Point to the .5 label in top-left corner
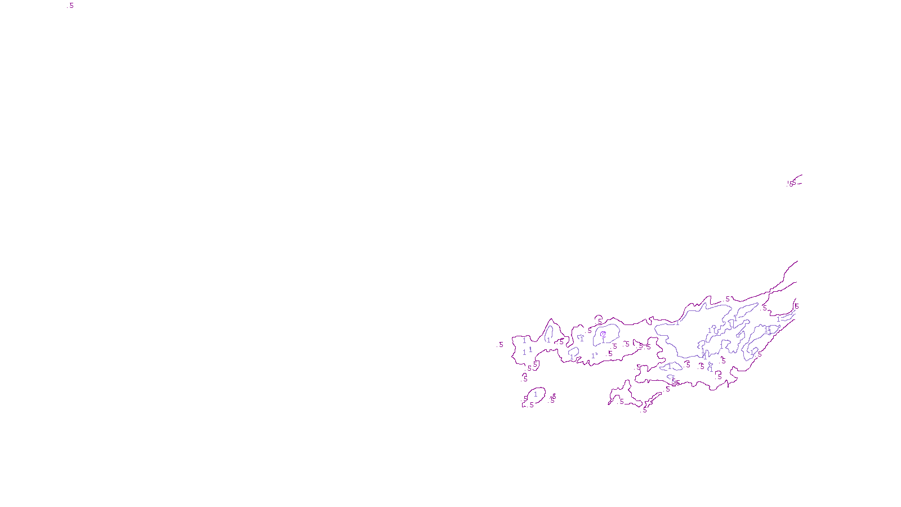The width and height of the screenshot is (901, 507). [70, 6]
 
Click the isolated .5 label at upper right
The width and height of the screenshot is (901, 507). [791, 184]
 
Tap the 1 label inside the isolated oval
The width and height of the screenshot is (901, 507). [536, 394]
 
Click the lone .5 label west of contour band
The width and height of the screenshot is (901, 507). [501, 345]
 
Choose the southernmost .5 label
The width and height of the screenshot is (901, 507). [644, 410]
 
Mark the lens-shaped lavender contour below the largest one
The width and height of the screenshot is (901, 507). [671, 367]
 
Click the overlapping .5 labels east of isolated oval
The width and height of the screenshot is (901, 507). [553, 399]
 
